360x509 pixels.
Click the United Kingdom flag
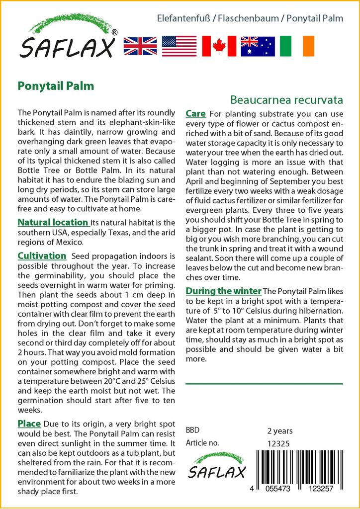pos(140,46)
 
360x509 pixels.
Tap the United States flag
pos(180,46)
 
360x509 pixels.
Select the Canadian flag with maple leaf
pos(219,46)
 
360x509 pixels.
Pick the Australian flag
pos(258,46)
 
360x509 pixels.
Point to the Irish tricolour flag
pos(297,46)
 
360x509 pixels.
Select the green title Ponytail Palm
pos(56,85)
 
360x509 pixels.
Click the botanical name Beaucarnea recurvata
pos(286,100)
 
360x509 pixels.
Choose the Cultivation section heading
pos(42,256)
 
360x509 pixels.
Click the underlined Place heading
pos(29,424)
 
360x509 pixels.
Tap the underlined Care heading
pos(195,114)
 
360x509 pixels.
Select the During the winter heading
pos(223,291)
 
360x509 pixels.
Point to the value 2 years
pos(280,431)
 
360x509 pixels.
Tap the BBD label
pos(193,430)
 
